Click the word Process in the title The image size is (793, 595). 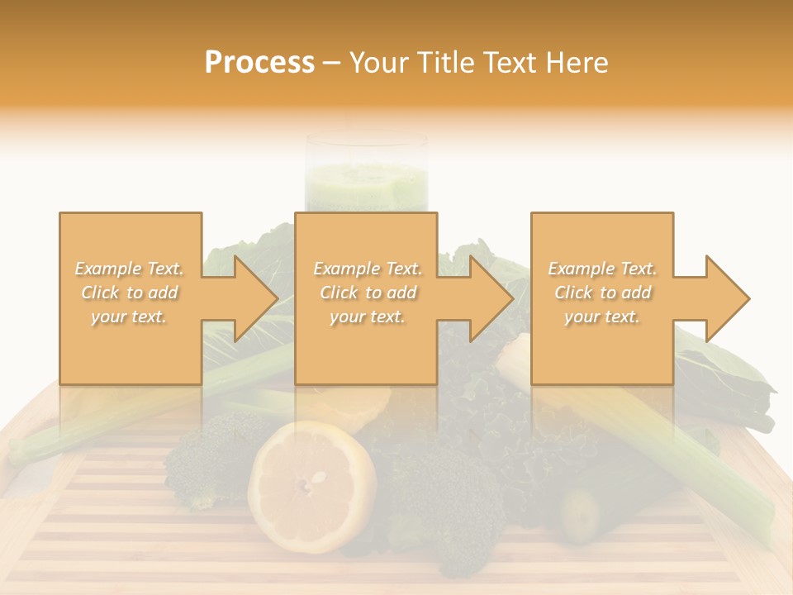259,63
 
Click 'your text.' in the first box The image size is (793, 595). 129,317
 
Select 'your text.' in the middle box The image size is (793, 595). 367,317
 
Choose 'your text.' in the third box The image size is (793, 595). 601,317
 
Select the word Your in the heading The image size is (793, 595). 380,63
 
